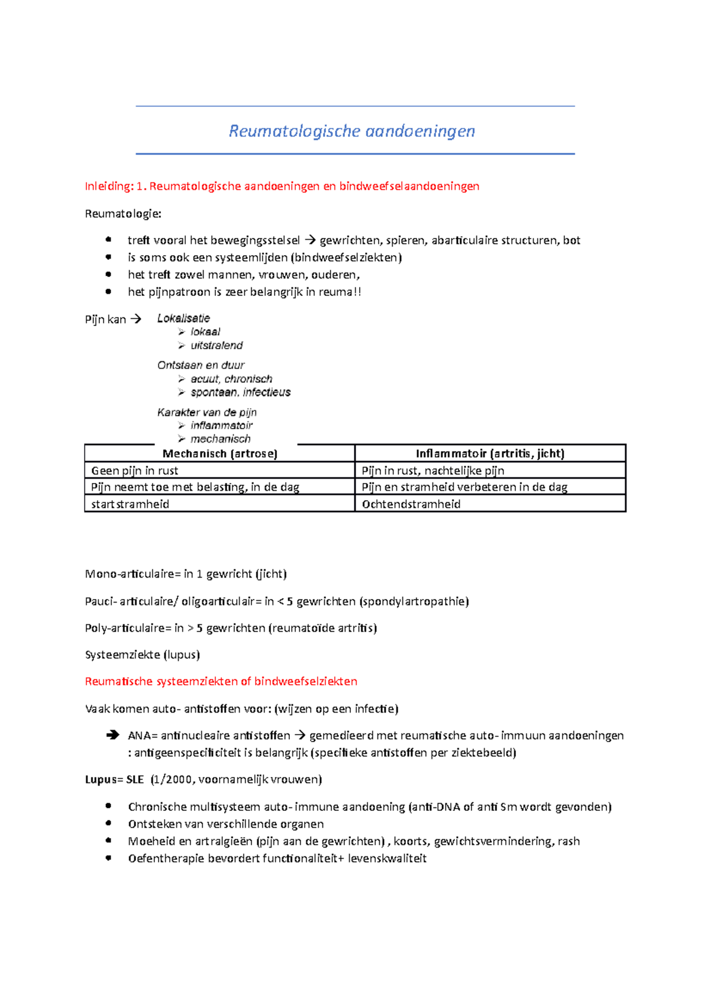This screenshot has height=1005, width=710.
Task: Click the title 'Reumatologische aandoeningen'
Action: click(352, 131)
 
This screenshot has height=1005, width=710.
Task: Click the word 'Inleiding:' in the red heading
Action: click(109, 186)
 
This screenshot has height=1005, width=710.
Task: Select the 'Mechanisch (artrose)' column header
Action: click(220, 454)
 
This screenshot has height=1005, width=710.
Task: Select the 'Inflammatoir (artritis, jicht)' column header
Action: click(490, 454)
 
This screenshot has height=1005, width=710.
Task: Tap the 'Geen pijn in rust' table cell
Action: click(134, 471)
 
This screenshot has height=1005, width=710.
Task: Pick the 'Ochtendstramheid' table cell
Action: click(411, 504)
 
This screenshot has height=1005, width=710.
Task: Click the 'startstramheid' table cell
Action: click(130, 504)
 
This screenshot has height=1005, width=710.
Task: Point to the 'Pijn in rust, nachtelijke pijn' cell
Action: click(433, 471)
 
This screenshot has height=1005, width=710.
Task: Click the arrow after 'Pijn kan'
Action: click(136, 320)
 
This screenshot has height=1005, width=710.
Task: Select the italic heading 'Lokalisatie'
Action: click(183, 318)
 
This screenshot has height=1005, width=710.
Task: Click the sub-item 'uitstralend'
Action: click(217, 346)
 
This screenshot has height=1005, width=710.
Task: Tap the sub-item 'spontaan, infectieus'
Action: click(240, 392)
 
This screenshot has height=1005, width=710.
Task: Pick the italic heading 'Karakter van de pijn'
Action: click(207, 413)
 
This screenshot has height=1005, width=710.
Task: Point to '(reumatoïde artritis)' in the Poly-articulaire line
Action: click(323, 628)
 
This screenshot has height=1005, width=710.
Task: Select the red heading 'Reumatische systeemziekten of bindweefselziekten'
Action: click(221, 682)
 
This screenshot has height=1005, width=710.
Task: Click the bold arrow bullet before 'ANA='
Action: click(112, 736)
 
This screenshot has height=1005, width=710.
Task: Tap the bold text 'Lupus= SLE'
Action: click(114, 780)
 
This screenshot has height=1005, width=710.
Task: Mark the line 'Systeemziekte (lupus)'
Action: click(143, 655)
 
